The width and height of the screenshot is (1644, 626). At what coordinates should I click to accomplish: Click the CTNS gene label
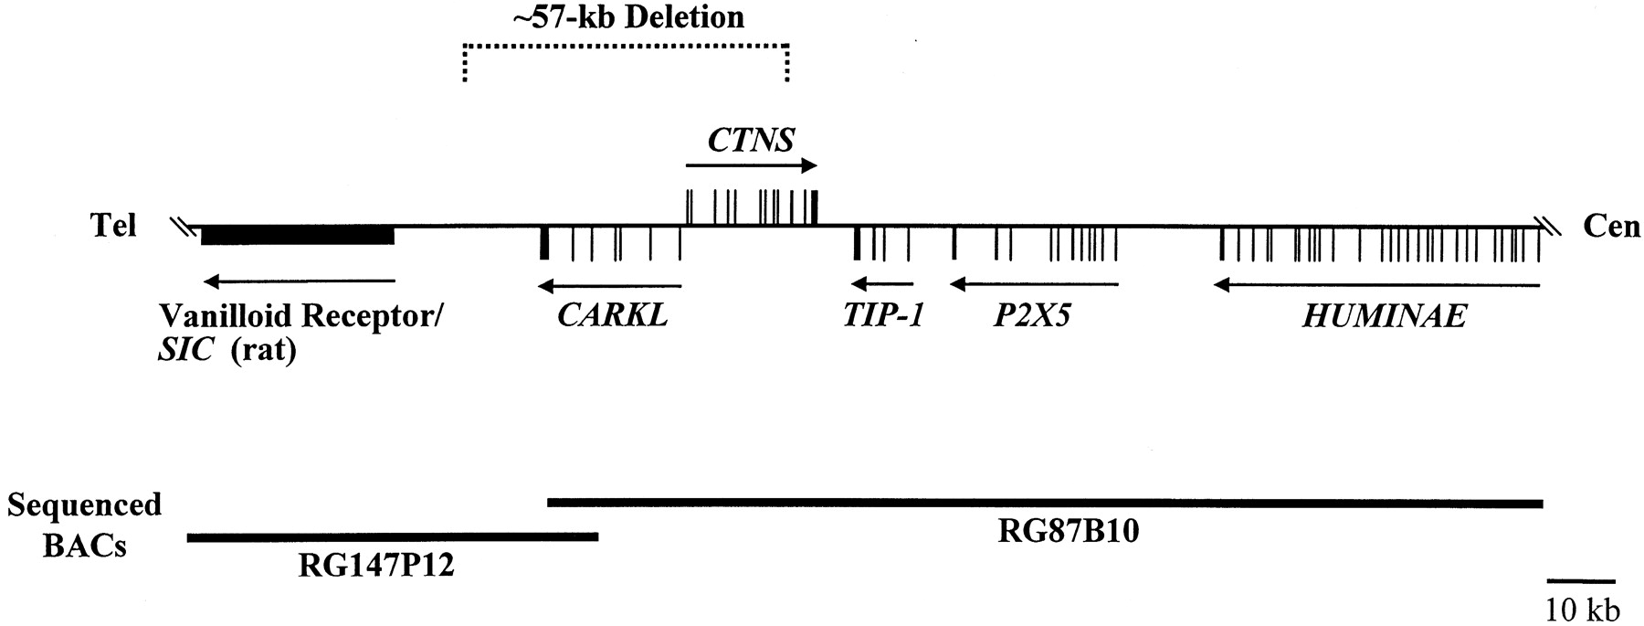point(751,141)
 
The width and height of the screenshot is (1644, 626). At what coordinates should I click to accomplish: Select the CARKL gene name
point(612,316)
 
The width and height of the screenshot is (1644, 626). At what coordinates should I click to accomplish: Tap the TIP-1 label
point(883,316)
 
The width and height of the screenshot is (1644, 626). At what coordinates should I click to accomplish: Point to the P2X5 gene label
point(1032,316)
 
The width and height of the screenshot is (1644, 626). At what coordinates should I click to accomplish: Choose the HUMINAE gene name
point(1385,316)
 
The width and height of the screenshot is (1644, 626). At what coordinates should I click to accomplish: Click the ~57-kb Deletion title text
point(628,16)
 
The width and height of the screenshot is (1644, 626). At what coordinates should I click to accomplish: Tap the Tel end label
point(114,226)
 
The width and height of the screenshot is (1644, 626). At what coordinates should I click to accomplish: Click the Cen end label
point(1611,226)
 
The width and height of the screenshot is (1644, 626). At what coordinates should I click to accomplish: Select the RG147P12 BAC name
point(376,567)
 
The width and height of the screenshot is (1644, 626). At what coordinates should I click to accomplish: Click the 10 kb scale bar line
point(1581,580)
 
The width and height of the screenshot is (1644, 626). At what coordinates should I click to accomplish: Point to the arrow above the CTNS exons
point(751,165)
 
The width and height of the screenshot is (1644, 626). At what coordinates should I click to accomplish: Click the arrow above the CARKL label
point(610,286)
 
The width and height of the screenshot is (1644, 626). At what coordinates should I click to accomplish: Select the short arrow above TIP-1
point(880,285)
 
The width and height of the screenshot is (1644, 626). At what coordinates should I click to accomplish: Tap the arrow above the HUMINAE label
point(1376,286)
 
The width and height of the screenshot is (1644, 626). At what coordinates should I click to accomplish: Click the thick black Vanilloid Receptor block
point(298,236)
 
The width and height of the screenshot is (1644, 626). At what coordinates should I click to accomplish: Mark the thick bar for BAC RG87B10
point(1045,503)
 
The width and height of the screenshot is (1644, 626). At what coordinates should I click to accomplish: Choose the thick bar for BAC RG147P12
point(393,537)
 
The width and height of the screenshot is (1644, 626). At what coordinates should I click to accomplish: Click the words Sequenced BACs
point(83,525)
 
